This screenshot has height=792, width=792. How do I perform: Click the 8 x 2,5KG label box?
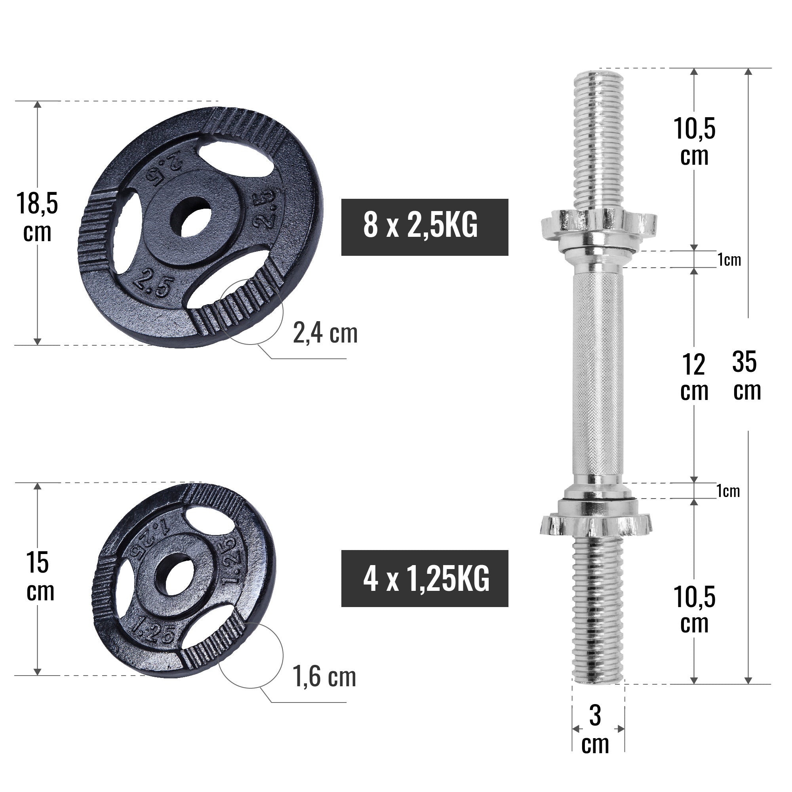[x=424, y=227]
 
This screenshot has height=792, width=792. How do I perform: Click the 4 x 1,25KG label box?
[x=424, y=579]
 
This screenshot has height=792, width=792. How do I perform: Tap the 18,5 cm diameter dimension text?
[x=37, y=217]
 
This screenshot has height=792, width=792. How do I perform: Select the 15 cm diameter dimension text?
[x=39, y=576]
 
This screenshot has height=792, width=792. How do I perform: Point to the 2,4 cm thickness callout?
[x=325, y=333]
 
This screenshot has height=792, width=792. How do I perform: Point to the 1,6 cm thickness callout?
[x=324, y=677]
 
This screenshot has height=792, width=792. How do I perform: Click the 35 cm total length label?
[x=746, y=375]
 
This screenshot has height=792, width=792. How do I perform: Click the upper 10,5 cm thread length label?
[x=694, y=141]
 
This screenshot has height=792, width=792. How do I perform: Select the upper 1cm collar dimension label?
[x=729, y=259]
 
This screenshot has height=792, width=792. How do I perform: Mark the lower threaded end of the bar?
[x=598, y=611]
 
